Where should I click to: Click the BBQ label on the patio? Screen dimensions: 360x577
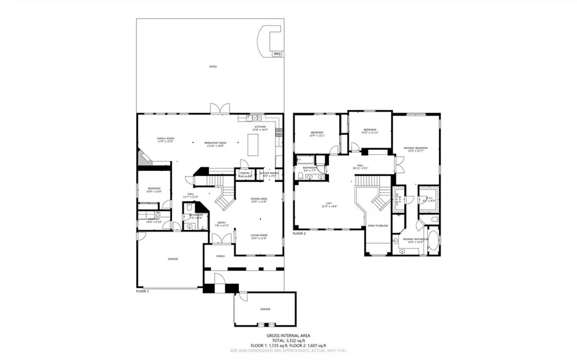click(x=277, y=54)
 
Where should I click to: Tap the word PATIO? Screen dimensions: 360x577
click(x=213, y=66)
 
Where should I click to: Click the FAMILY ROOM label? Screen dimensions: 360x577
click(x=166, y=139)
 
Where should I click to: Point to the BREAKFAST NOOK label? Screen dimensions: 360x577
click(x=215, y=144)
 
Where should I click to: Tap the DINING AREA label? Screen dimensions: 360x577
click(x=259, y=200)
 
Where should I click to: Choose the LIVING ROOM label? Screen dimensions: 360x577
click(x=259, y=237)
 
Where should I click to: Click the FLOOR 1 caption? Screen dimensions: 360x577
click(x=143, y=291)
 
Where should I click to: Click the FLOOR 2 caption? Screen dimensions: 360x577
click(x=299, y=233)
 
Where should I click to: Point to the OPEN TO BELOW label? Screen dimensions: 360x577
click(x=378, y=225)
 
